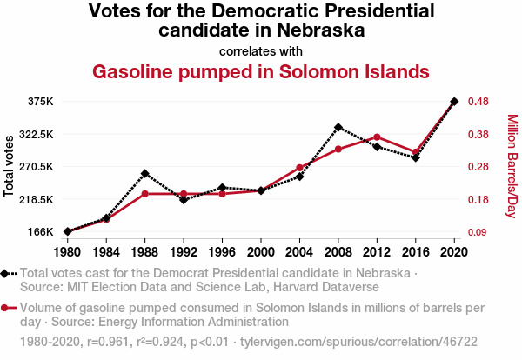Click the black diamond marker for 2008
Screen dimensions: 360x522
[338, 128]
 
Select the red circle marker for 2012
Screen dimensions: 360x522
[377, 137]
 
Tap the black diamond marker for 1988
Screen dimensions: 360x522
[144, 174]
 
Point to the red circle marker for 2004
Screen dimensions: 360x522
[299, 168]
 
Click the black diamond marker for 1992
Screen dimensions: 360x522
[184, 200]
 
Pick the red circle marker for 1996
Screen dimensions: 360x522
[222, 194]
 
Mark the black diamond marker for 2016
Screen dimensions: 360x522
[416, 157]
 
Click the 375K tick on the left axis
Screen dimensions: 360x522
[40, 102]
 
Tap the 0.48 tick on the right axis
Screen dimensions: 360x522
[478, 102]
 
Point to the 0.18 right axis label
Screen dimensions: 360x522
[478, 200]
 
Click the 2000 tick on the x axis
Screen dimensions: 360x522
[261, 252]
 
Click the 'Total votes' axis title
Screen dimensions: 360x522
[10, 165]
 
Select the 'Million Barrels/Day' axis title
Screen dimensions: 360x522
[512, 165]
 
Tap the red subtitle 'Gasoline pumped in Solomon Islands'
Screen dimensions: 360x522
[261, 70]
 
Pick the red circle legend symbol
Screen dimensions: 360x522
[9, 308]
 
